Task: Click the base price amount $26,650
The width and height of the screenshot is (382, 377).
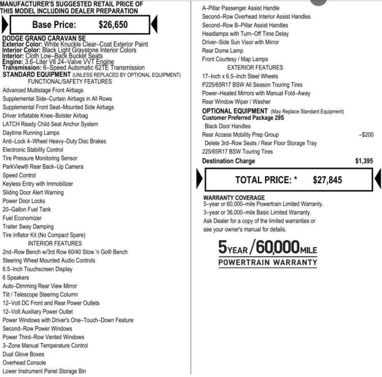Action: [113, 25]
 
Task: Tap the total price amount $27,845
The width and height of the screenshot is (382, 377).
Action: [328, 180]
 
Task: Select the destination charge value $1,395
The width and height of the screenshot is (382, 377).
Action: [364, 161]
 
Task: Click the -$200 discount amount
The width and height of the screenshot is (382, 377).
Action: [366, 135]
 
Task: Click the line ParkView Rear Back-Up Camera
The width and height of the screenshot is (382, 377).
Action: [43, 167]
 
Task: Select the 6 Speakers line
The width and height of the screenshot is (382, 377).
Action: [16, 278]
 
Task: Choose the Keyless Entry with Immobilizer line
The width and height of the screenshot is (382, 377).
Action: [38, 184]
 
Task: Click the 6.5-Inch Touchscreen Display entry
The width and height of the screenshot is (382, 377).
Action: [38, 269]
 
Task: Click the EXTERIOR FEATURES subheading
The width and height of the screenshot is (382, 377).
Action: [255, 67]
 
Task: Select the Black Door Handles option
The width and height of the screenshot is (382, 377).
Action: [227, 126]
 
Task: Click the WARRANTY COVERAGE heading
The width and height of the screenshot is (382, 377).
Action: [234, 197]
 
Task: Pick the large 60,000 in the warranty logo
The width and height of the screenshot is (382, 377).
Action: [277, 247]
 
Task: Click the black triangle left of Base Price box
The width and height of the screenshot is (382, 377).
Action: [5, 24]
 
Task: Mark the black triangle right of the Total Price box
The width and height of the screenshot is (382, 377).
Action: [378, 179]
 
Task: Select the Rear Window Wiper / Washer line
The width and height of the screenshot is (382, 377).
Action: [236, 102]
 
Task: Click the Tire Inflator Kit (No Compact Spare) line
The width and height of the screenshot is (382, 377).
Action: [44, 235]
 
